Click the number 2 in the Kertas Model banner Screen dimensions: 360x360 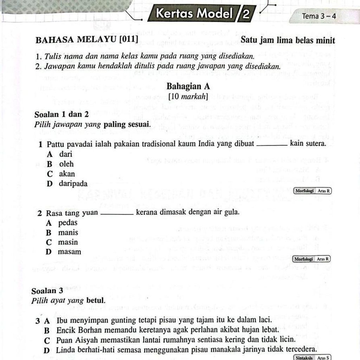click(246, 14)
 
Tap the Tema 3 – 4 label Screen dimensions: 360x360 click(319, 16)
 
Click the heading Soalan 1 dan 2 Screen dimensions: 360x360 click(62, 115)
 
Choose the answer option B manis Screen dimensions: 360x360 click(62, 232)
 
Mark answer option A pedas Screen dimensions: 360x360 click(62, 223)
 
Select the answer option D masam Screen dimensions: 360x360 click(64, 252)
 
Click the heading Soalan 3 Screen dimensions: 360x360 click(47, 291)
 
